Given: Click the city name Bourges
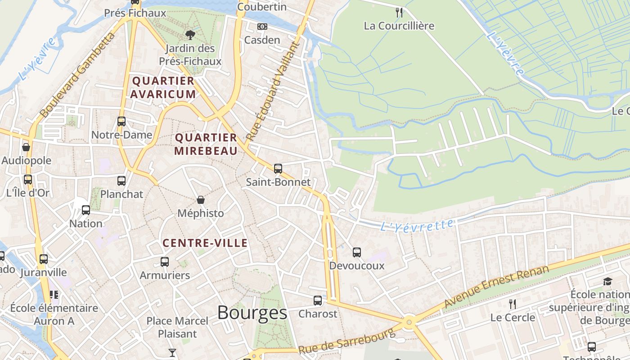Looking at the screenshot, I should point(252,312).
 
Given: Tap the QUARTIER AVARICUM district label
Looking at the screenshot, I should point(163,87).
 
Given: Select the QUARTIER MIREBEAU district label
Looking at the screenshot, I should point(206,144).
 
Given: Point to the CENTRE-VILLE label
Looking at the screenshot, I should point(205,243).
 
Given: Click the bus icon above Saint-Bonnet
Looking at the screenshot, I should point(278,169).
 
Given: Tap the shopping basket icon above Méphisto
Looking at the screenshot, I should point(201,199).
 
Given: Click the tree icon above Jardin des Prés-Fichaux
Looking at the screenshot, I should point(190,35).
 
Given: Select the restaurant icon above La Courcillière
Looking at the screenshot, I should point(399,12).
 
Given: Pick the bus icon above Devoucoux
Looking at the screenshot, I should point(357,252).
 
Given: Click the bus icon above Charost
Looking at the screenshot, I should point(318,300).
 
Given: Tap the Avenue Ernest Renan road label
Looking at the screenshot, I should point(497,287).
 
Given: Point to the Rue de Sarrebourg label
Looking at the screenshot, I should point(346,341).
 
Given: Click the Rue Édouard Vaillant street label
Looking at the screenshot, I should point(273,90).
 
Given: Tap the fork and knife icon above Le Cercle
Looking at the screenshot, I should point(512,304).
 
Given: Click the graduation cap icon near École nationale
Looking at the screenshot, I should point(608,281).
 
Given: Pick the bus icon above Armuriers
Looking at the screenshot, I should point(165,261).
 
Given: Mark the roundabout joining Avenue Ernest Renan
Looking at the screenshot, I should point(409,322).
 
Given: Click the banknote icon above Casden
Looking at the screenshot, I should point(262,27).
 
